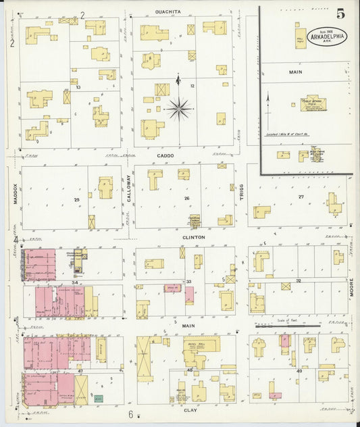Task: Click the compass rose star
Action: pos(178,107)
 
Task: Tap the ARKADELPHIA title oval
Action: pos(328,36)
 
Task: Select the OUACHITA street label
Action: pos(167,11)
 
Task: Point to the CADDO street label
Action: pos(165,156)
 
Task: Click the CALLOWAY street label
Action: pos(128,186)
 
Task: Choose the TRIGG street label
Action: pos(240,191)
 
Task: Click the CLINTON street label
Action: pos(192,238)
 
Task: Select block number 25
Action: pos(76,200)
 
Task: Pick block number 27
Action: pos(301,197)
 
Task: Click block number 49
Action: pos(299,371)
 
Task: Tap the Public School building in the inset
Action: pos(313,104)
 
